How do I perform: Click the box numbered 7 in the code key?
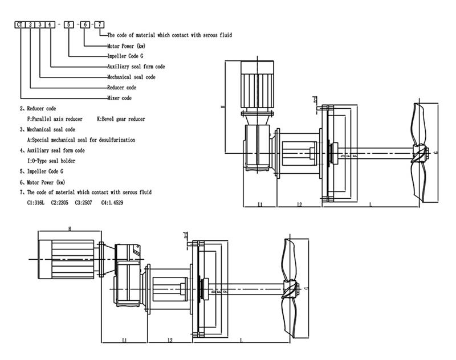(x=100, y=25)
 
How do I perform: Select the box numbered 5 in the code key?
(x=70, y=25)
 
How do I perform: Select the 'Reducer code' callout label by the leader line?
(x=121, y=88)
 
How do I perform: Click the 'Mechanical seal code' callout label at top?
(x=131, y=77)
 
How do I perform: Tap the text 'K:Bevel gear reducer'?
(x=121, y=119)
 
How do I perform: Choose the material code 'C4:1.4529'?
(x=112, y=203)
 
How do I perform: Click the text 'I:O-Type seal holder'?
(x=51, y=161)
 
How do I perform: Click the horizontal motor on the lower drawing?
(x=66, y=258)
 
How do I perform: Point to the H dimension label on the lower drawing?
(x=69, y=228)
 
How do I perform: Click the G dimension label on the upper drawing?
(x=436, y=153)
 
